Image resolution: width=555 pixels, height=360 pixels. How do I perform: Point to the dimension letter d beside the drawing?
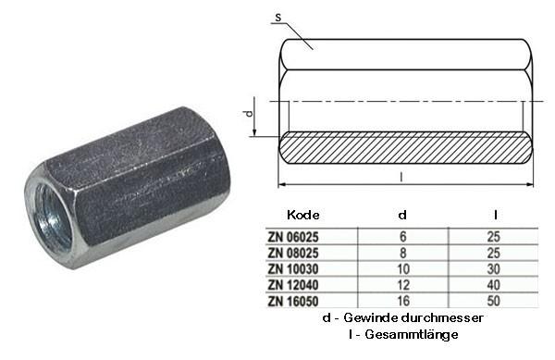(x=247, y=114)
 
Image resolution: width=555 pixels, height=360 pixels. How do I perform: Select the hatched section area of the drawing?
(x=407, y=148)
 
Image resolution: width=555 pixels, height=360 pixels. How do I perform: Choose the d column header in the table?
(x=401, y=214)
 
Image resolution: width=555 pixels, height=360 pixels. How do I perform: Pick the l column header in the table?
(x=498, y=214)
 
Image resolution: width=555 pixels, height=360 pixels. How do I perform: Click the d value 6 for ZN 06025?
(x=401, y=235)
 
